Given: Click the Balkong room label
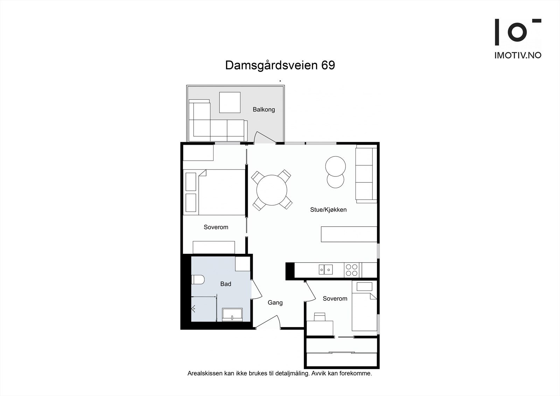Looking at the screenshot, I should (x=264, y=110).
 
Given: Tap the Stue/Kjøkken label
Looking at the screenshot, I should (x=328, y=210).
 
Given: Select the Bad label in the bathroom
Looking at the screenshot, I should (x=225, y=284).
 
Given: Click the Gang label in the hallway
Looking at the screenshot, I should (x=275, y=303).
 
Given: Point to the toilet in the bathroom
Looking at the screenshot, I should (x=198, y=280).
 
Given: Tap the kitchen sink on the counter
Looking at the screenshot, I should (x=325, y=269).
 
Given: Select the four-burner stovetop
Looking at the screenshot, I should (x=351, y=270).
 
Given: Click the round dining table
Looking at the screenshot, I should (x=272, y=190).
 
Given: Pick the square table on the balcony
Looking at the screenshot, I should (x=230, y=102).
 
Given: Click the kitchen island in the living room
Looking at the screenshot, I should (x=349, y=234).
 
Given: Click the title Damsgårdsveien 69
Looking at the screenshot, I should (x=280, y=65).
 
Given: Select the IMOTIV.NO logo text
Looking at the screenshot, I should (x=517, y=55).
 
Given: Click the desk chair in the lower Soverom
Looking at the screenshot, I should (x=320, y=317).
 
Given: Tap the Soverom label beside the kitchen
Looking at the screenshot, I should (x=335, y=299).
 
